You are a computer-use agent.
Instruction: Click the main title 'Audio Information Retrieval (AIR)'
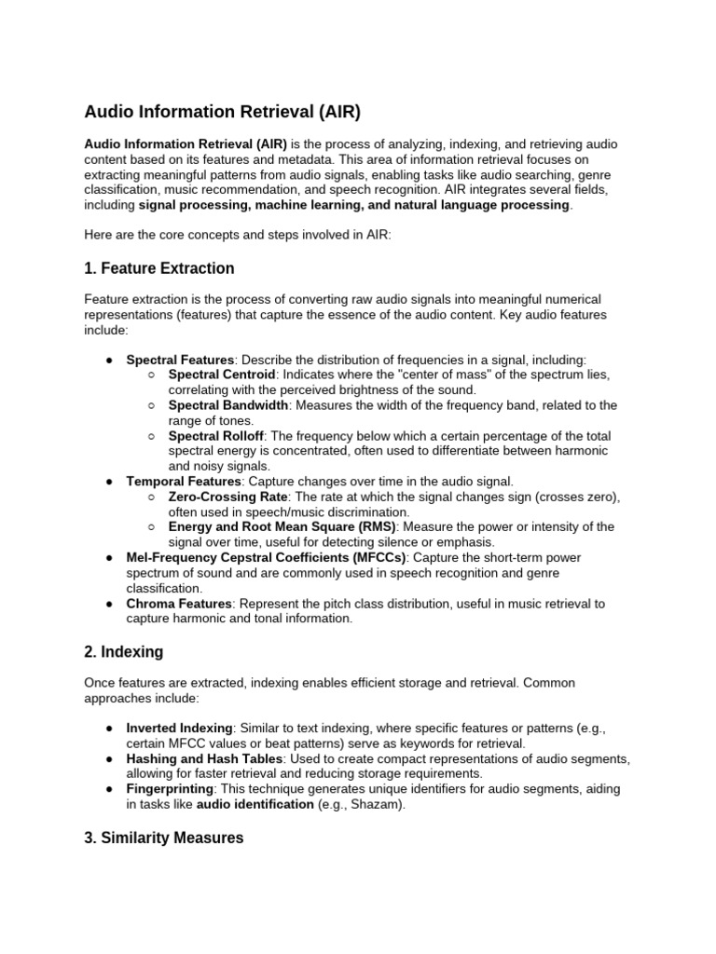tap(222, 113)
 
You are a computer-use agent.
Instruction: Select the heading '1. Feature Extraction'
tap(159, 268)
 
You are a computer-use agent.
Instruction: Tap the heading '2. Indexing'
tap(125, 650)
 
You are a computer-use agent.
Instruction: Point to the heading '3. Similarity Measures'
tap(164, 811)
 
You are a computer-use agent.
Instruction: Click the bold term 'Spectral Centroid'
tap(222, 375)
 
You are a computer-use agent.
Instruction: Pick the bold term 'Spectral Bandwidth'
tap(228, 405)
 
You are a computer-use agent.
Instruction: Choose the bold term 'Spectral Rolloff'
tap(216, 436)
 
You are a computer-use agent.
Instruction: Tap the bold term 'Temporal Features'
tap(184, 482)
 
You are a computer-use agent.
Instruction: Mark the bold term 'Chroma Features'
tap(179, 604)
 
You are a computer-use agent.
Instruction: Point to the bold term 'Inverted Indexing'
tap(179, 728)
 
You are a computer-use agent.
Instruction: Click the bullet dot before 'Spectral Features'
tap(109, 360)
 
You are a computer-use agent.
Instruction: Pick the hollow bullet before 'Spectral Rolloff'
tap(152, 436)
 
